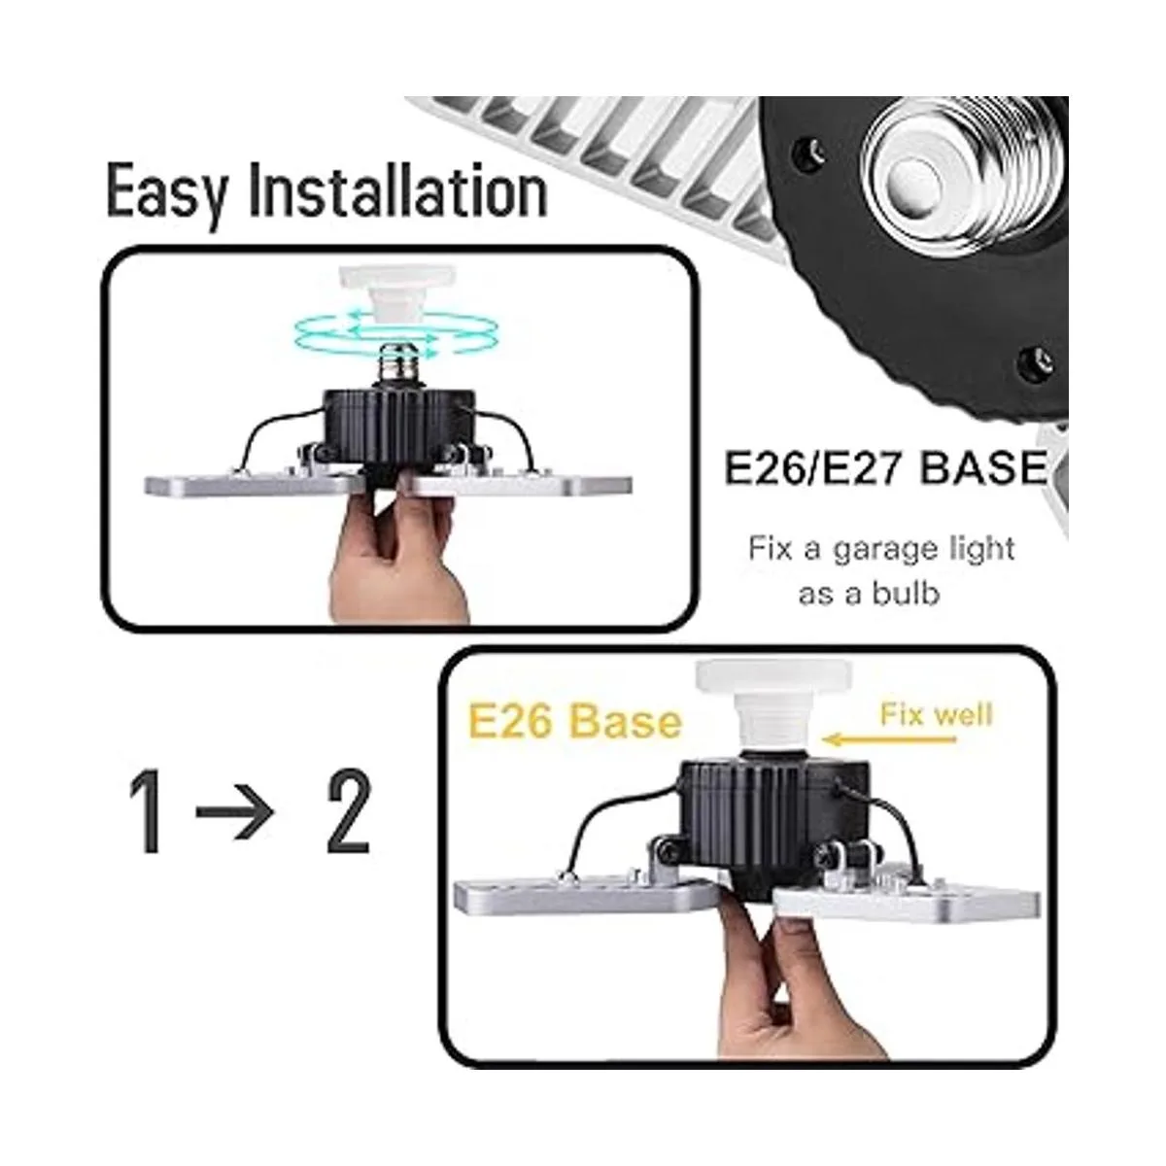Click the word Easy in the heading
(x=167, y=191)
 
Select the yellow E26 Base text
(x=574, y=722)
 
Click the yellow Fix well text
(x=936, y=715)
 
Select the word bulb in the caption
(x=905, y=593)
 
